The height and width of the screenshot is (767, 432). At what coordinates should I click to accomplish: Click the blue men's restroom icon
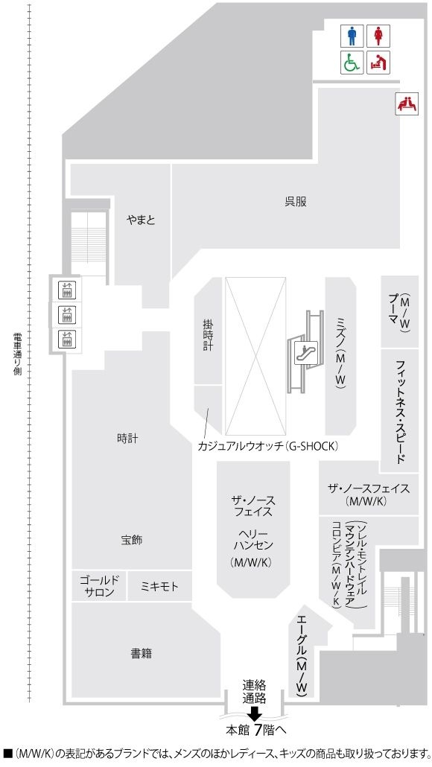click(x=352, y=36)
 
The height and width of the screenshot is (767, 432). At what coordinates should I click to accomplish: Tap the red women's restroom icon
click(x=378, y=36)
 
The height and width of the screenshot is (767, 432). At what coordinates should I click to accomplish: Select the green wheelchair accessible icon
click(x=352, y=63)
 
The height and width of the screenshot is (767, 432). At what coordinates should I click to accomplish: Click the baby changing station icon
click(x=378, y=63)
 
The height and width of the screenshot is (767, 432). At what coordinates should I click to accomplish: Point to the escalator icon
click(x=305, y=349)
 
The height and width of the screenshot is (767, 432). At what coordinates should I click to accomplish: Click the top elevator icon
click(x=67, y=290)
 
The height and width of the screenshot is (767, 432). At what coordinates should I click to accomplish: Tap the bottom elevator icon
click(x=67, y=340)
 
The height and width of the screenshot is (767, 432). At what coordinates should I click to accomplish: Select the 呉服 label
click(x=296, y=201)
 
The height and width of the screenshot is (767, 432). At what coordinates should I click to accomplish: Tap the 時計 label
click(x=127, y=439)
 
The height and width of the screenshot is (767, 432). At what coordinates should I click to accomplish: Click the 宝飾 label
click(x=131, y=540)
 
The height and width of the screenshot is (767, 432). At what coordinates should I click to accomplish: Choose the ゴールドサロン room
click(x=98, y=586)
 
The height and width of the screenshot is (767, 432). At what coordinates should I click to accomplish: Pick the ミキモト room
click(x=159, y=587)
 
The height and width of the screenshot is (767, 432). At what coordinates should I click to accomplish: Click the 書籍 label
click(x=141, y=654)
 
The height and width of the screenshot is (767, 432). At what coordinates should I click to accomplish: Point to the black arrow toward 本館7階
click(x=255, y=713)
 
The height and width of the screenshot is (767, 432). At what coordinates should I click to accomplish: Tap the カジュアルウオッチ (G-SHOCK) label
click(x=268, y=446)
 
